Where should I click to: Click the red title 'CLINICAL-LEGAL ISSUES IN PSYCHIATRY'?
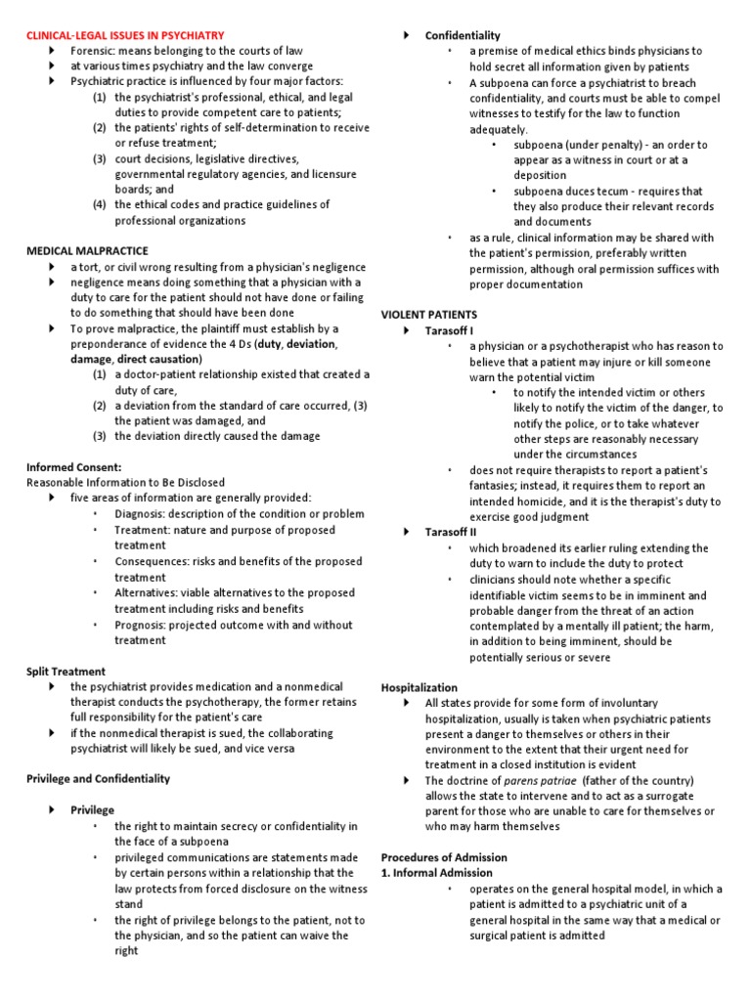124,34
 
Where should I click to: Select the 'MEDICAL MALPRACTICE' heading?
84,251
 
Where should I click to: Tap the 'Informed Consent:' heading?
73,466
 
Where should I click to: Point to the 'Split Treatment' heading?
65,672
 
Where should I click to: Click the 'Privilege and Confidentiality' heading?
98,778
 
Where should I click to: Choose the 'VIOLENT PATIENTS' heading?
428,315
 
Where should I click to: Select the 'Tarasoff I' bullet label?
450,331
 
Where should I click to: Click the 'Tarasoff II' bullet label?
451,532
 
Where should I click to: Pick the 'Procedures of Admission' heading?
444,856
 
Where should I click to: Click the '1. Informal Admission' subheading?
436,872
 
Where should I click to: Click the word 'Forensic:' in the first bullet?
94,50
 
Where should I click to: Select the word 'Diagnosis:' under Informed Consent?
141,514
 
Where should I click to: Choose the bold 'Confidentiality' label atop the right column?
463,35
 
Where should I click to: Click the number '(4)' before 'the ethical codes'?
101,204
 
